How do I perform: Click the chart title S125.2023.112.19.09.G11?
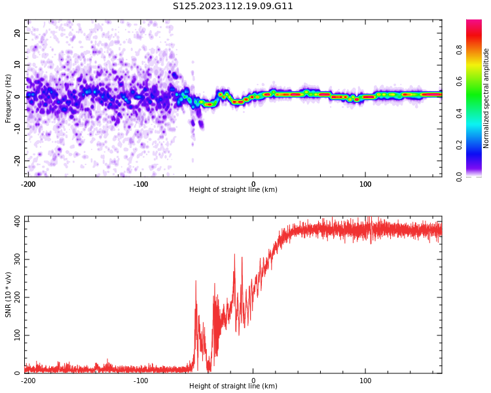pyautogui.click(x=233, y=7)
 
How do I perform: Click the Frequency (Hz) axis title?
pyautogui.click(x=9, y=98)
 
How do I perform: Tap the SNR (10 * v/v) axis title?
pyautogui.click(x=9, y=294)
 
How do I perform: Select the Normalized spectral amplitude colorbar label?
pyautogui.click(x=486, y=98)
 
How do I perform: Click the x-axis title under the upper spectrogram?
pyautogui.click(x=233, y=190)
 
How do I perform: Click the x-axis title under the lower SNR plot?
pyautogui.click(x=233, y=386)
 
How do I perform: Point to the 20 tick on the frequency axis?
pyautogui.click(x=18, y=33)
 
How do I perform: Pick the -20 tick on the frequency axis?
pyautogui.click(x=18, y=160)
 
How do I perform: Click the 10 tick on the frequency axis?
pyautogui.click(x=18, y=64)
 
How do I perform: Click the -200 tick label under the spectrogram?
pyautogui.click(x=28, y=183)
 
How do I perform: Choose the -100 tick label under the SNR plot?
pyautogui.click(x=141, y=380)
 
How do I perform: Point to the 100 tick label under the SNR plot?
pyautogui.click(x=365, y=380)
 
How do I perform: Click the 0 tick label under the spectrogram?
pyautogui.click(x=253, y=183)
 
